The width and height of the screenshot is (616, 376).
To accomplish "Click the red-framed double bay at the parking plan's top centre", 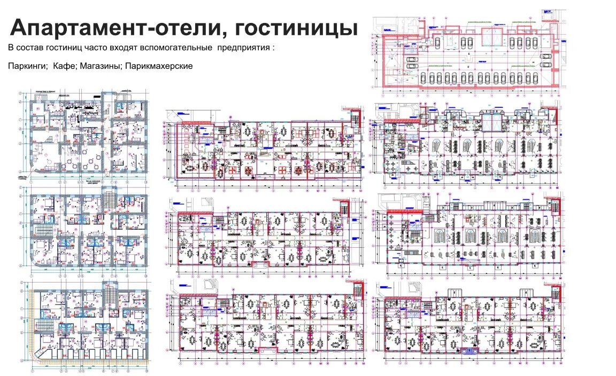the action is [x=493, y=37].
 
